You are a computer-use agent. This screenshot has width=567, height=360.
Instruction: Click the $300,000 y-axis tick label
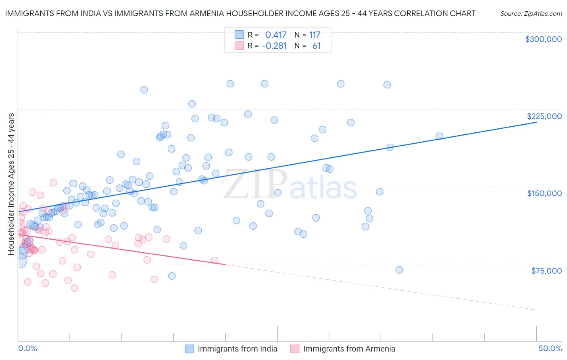(x=543, y=39)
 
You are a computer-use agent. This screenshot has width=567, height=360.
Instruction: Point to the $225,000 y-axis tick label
(x=544, y=116)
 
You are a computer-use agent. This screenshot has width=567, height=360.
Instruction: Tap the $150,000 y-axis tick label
(x=544, y=193)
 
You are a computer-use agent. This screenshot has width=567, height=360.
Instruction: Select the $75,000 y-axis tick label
(x=546, y=271)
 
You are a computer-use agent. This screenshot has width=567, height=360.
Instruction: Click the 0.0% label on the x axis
(x=27, y=348)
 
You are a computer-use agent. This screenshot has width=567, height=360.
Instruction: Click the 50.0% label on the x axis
(x=550, y=348)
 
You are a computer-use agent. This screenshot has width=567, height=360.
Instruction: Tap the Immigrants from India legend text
(x=238, y=349)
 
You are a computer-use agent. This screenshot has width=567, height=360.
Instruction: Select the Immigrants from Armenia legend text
(x=349, y=349)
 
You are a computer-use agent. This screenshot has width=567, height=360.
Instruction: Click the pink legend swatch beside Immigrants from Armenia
(x=295, y=349)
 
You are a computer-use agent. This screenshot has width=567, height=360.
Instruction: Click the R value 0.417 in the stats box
(x=276, y=35)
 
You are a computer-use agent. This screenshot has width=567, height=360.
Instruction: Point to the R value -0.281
(x=274, y=46)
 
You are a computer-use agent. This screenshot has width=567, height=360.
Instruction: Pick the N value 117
(x=315, y=35)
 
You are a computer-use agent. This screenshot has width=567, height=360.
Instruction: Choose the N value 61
(x=317, y=46)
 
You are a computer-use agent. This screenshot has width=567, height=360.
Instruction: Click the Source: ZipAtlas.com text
(x=531, y=14)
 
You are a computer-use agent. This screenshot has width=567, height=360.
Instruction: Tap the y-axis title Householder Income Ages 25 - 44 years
(x=11, y=184)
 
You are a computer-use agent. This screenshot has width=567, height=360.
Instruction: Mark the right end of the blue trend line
(x=536, y=122)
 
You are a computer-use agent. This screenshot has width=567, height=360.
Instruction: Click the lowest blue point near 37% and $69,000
(x=399, y=270)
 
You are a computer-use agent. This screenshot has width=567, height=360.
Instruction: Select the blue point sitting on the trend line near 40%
(x=440, y=136)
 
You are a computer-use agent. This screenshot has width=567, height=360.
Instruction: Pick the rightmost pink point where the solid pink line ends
(x=215, y=260)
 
